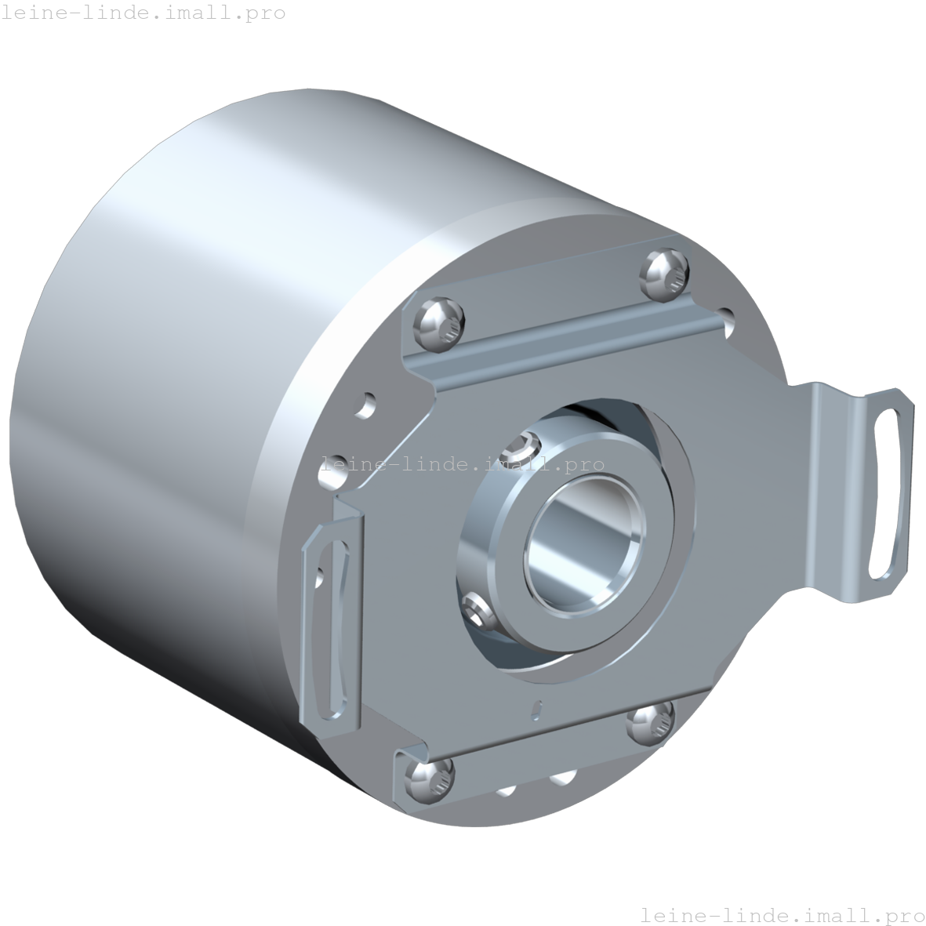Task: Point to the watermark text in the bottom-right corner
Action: pos(782,914)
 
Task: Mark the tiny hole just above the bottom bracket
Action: pos(536,708)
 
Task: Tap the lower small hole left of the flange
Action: pos(336,464)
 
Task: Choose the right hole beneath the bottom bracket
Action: pos(561,778)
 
